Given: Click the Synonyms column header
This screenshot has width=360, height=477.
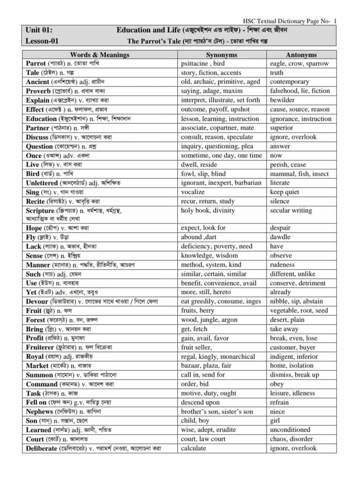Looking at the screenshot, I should point(221,54).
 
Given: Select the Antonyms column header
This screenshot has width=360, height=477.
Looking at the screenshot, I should point(301,54).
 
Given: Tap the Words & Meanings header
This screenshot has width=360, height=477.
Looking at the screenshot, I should point(100,54).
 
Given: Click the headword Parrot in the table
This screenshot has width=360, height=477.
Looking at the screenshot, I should point(36,63).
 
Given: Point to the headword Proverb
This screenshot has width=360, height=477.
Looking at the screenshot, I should point(38,91).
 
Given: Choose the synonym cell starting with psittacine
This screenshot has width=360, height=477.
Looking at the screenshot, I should point(203,63).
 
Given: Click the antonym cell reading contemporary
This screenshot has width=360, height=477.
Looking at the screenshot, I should point(290,82).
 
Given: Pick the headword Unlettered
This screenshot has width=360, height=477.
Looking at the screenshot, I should point(42,183).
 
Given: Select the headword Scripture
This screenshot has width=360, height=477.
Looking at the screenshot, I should point(40,211).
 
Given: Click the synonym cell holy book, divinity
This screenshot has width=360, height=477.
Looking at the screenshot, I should point(208,210).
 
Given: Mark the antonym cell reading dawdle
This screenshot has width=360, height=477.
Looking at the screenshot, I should point(280,237).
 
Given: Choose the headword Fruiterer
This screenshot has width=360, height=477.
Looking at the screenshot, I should point(40,347).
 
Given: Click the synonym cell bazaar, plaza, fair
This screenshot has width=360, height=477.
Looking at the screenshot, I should point(206,366).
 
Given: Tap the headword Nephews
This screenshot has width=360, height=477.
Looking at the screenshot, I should point(39,412).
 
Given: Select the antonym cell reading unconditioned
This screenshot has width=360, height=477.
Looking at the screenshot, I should point(290,430).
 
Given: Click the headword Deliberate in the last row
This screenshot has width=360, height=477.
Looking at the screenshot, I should point(41,448).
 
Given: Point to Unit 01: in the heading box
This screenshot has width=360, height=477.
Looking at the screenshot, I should point(39,30).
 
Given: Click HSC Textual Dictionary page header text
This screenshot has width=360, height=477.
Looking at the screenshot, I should point(289,21).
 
